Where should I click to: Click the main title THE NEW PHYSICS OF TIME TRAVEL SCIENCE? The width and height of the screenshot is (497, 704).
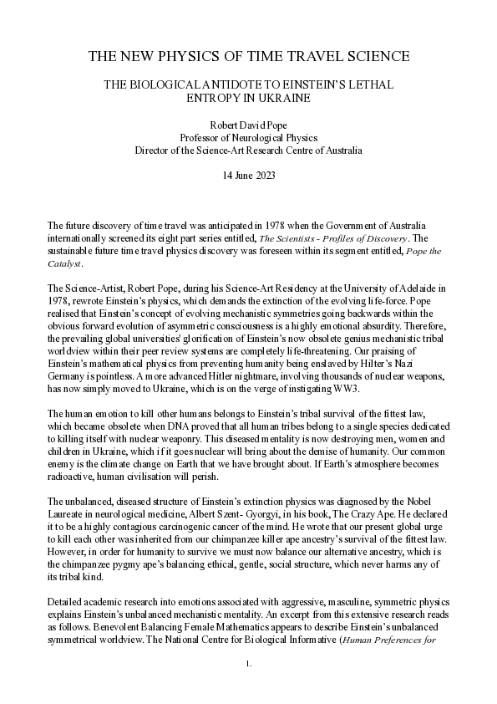pos(248,57)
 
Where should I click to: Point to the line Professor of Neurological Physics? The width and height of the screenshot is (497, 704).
pos(248,138)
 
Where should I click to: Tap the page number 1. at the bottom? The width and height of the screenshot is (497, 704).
pos(248,687)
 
